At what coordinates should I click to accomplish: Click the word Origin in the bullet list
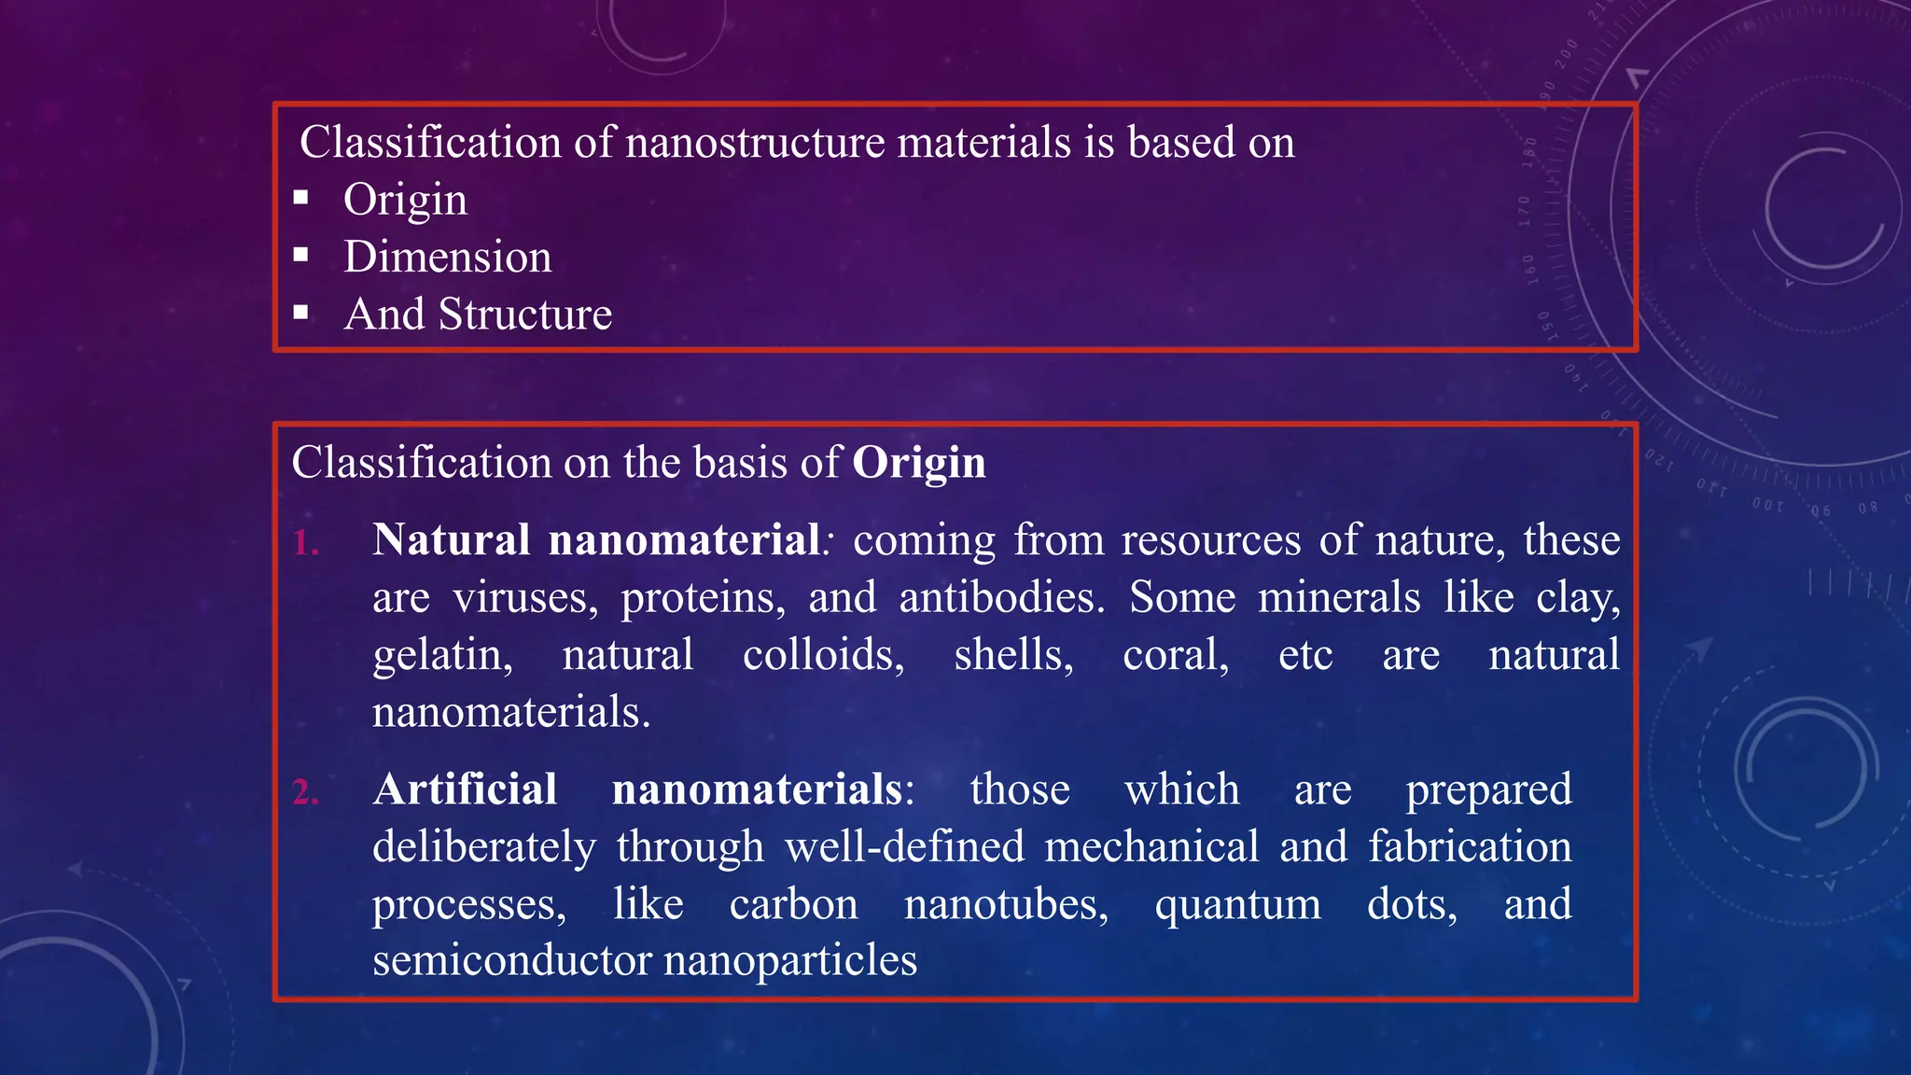tap(405, 201)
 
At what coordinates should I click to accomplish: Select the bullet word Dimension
tap(447, 257)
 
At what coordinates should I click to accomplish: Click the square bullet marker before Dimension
tap(300, 255)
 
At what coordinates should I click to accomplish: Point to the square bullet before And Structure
tap(300, 312)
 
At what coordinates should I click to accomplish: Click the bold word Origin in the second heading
tap(918, 464)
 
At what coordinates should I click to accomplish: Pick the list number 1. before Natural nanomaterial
tap(306, 543)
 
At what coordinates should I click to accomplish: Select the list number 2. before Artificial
tap(306, 792)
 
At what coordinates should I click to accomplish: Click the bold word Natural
tap(452, 540)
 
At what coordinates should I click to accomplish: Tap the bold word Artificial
tap(465, 789)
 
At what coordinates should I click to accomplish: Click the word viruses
tap(525, 598)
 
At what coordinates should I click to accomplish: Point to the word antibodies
tap(1001, 598)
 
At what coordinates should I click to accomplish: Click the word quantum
tap(1237, 905)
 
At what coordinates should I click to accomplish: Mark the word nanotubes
tap(1006, 904)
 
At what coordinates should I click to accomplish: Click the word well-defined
tap(904, 847)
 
